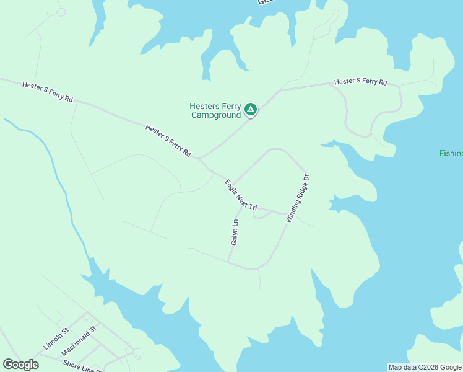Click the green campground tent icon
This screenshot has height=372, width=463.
250,110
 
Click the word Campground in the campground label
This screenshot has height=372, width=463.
215,115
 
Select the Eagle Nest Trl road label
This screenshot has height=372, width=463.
241,195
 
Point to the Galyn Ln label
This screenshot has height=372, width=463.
235,231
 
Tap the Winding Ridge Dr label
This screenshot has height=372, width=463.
297,198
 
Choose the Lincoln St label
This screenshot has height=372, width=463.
56,339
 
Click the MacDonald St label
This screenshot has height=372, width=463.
80,341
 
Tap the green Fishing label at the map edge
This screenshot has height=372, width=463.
451,153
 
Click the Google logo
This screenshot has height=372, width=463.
20,365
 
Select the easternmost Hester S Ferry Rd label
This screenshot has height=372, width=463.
360,82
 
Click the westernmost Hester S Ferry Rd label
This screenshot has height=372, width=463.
47,91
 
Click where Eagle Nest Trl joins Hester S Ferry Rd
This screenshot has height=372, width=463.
200,159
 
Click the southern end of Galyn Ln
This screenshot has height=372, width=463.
228,262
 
